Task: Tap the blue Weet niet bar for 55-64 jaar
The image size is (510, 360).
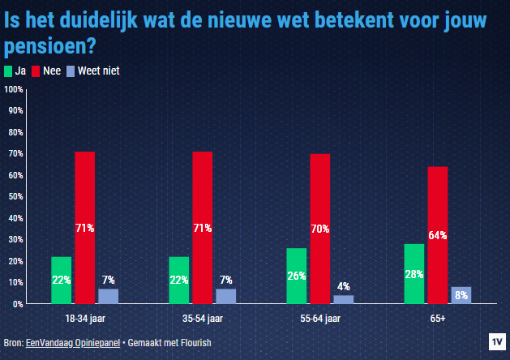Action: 344,299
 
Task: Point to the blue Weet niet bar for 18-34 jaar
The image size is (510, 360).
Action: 109,296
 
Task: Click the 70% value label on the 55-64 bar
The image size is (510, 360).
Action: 319,229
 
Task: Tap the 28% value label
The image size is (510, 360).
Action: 414,274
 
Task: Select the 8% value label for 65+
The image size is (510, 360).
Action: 461,295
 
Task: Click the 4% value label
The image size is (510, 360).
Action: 344,286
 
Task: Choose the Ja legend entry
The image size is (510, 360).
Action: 16,71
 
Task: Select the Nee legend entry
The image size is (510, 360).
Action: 47,71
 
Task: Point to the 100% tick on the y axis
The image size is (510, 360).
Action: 14,88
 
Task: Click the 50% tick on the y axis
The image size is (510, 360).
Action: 15,196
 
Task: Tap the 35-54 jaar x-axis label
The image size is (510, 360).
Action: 203,317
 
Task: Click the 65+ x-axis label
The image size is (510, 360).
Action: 438,317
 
